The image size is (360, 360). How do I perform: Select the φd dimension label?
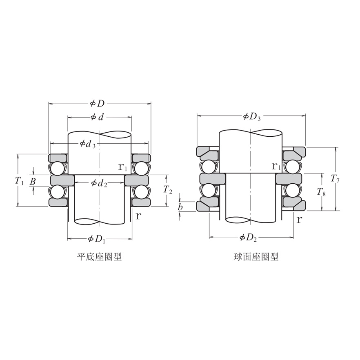(x=97, y=117)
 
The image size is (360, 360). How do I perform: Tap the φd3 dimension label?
(x=88, y=144)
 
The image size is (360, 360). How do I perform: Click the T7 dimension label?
(x=335, y=178)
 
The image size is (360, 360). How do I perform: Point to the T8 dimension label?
(x=322, y=192)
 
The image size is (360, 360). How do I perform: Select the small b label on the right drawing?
(x=180, y=207)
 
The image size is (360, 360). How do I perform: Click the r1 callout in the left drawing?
(x=123, y=167)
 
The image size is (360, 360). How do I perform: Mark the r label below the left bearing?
(x=138, y=216)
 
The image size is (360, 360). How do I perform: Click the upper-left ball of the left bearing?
(x=58, y=168)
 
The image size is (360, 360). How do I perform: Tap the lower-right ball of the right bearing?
(x=292, y=190)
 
